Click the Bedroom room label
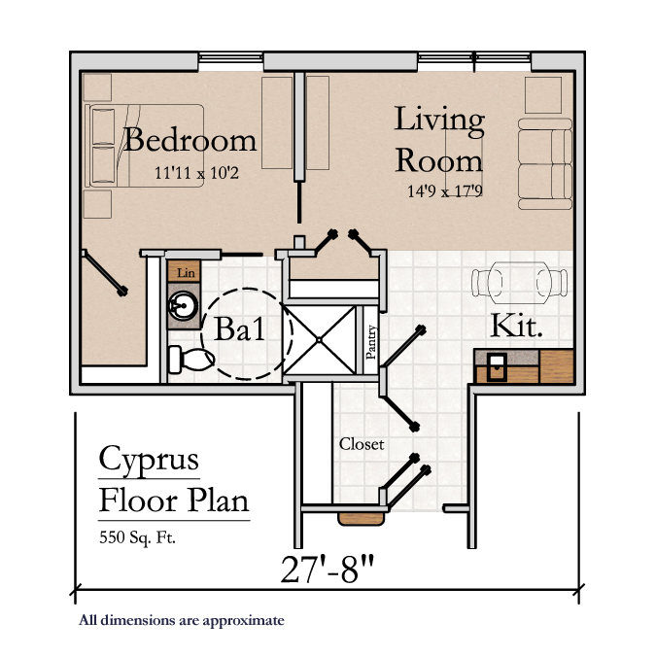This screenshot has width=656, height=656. point(190,140)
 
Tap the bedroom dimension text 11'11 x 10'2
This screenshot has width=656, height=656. point(196,173)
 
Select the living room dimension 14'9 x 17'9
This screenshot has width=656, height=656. point(445,190)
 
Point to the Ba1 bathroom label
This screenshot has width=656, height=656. point(239,328)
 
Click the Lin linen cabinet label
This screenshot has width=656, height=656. point(186,273)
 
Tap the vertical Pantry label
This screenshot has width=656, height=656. point(370,341)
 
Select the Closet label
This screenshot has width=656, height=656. point(362,444)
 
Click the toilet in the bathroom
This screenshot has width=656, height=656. point(191,360)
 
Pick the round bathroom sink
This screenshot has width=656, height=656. point(183,306)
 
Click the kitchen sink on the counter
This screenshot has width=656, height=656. point(497,367)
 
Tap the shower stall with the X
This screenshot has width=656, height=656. point(319,340)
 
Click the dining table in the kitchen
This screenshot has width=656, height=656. point(520,283)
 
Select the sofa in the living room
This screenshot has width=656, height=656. point(545,163)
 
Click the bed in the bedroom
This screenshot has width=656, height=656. point(145,145)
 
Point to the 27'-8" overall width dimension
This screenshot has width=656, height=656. point(328,569)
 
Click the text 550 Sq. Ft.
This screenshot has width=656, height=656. point(137,537)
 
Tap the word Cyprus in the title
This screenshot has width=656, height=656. point(149,461)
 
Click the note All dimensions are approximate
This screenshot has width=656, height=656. point(182,620)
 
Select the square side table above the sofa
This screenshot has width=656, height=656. point(543,95)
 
